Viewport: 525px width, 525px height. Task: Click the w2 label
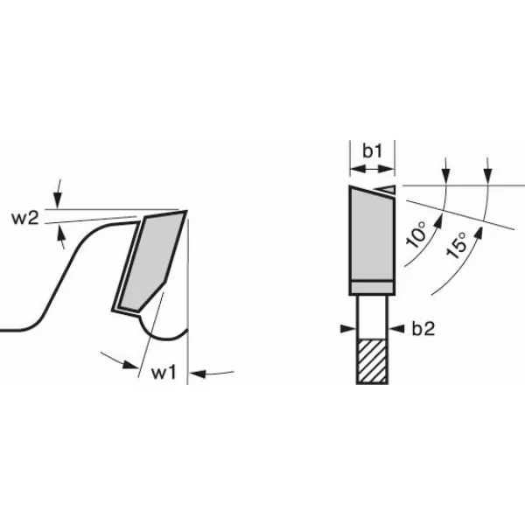click(25, 218)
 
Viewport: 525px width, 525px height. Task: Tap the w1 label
click(164, 373)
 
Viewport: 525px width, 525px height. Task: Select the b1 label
click(373, 150)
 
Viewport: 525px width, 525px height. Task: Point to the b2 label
click(423, 329)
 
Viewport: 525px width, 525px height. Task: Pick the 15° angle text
click(457, 245)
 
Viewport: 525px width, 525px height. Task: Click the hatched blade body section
click(372, 361)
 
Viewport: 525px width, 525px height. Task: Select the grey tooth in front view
click(372, 234)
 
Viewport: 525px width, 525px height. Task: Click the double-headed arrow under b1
click(373, 169)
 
